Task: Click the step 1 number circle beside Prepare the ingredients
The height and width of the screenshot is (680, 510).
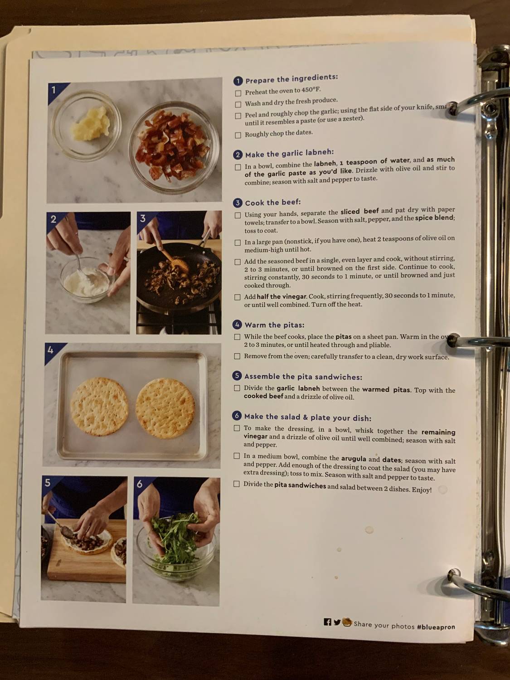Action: (238, 81)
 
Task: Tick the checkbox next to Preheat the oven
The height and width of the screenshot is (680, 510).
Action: (238, 93)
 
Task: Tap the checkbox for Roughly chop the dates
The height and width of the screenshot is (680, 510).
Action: (238, 135)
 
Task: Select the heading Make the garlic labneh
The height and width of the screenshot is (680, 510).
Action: (289, 154)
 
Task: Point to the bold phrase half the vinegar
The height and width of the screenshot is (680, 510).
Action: (282, 296)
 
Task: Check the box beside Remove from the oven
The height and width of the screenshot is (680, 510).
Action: (237, 356)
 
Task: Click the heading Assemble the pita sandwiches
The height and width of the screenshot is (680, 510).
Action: (303, 377)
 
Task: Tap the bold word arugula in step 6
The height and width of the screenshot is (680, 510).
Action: (354, 459)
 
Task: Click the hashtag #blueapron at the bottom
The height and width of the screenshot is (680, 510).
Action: (436, 627)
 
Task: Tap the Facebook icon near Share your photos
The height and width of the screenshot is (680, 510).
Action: (327, 622)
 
